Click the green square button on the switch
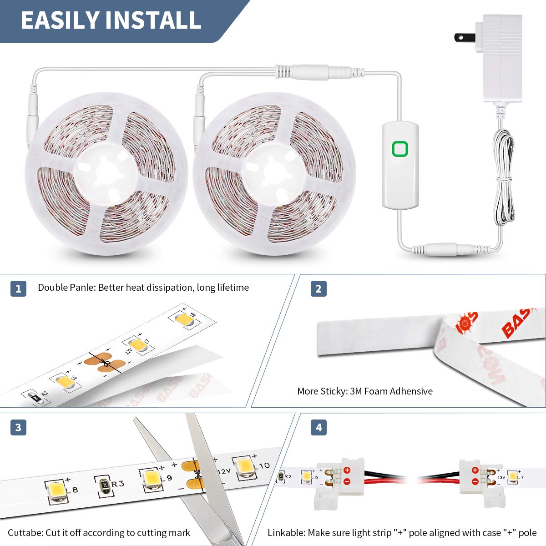tap(400, 149)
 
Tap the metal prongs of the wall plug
tap(461, 37)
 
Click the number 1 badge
tap(18, 288)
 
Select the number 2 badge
tap(318, 288)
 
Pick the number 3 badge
tap(18, 428)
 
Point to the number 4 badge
tap(318, 428)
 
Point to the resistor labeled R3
tap(104, 485)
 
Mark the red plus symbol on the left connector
tap(347, 470)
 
